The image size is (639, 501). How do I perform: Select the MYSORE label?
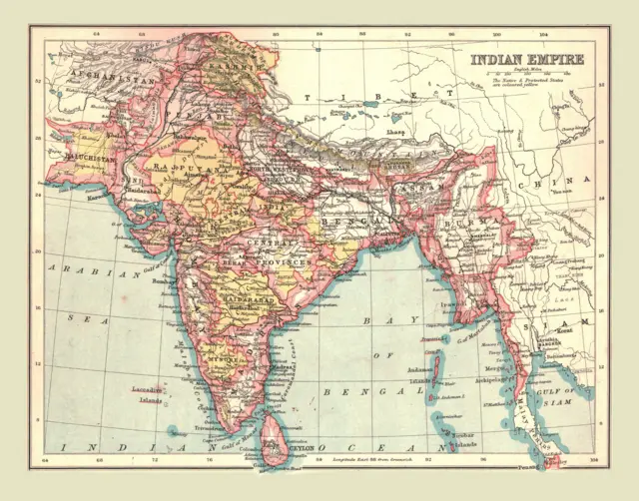click(x=226, y=355)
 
